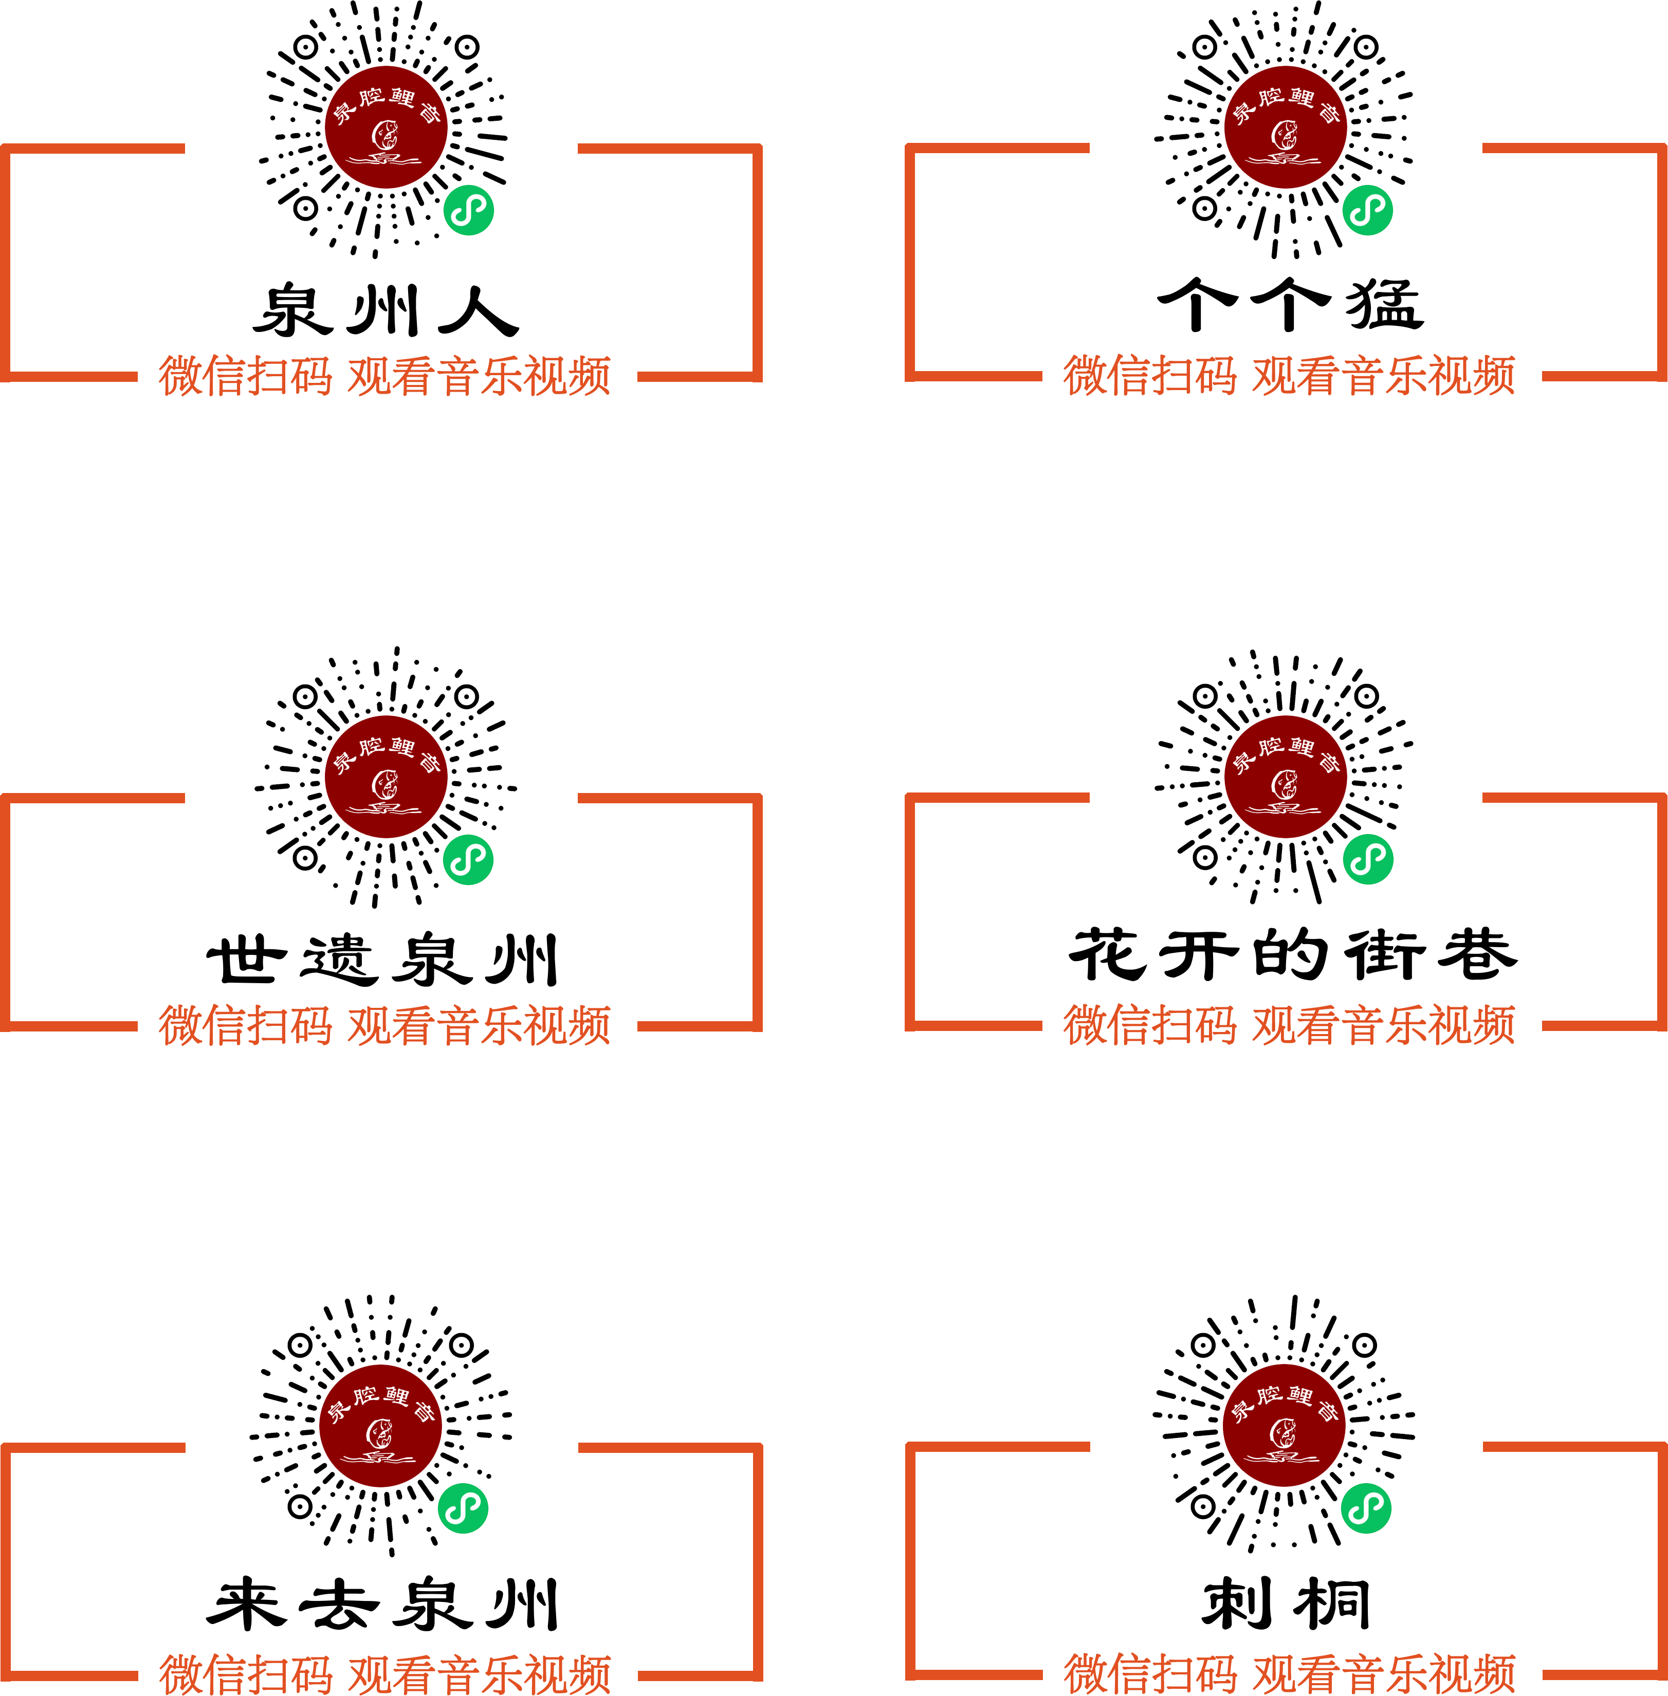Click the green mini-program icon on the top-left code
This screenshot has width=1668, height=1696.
[469, 210]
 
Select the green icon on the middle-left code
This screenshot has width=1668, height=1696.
[469, 859]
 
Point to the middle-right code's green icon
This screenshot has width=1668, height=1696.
[1367, 858]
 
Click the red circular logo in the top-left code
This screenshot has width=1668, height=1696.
[387, 127]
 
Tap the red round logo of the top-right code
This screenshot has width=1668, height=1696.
[1286, 127]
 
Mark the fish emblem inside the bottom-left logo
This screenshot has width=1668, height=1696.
[379, 1433]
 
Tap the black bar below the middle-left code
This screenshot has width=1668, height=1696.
[383, 958]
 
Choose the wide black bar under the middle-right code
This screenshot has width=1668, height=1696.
[1292, 953]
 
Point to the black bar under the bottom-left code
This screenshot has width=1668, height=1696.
[381, 1603]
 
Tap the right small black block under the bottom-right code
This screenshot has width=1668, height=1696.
[1333, 1603]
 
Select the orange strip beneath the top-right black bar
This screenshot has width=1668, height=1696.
[1290, 375]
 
